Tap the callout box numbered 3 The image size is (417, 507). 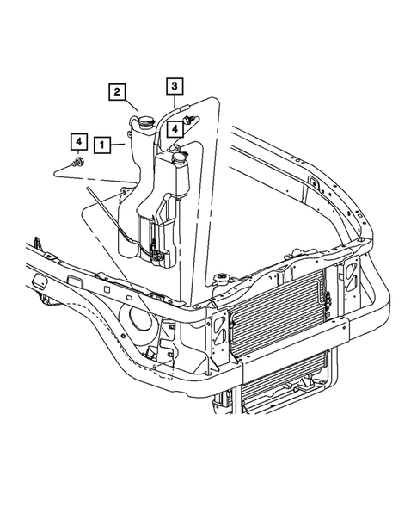[174, 86]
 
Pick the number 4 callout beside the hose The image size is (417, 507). [175, 130]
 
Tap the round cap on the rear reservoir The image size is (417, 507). [142, 123]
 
